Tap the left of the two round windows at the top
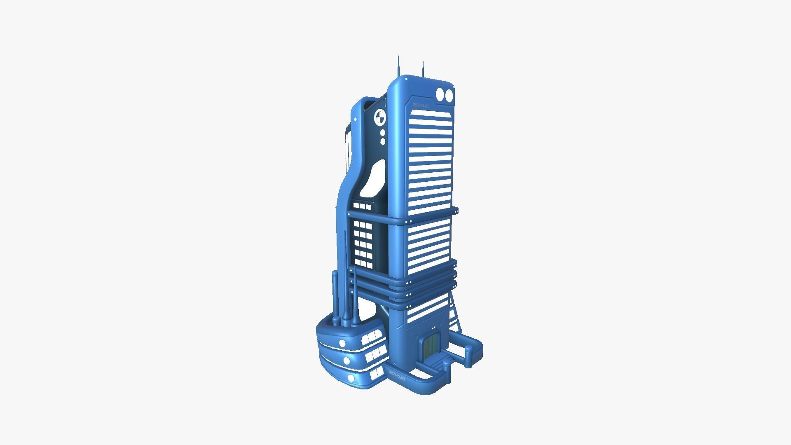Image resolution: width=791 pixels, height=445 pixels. [440, 94]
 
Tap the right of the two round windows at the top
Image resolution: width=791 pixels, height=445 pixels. [449, 96]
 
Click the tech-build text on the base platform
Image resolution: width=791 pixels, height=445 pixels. [397, 375]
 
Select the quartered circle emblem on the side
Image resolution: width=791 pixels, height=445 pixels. [380, 117]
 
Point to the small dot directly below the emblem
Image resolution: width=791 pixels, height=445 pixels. [383, 133]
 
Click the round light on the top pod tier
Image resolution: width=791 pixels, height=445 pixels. [342, 343]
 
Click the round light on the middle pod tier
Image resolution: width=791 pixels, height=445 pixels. [346, 361]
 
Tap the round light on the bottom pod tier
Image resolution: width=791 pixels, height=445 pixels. [351, 377]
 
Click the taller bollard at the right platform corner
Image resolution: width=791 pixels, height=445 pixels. [468, 355]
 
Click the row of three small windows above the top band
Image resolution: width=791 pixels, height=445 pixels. [362, 206]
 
